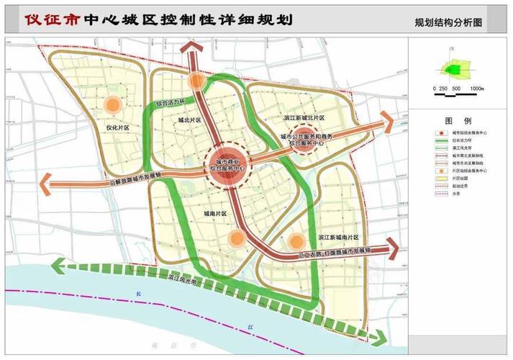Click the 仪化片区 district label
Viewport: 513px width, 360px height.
tap(117, 128)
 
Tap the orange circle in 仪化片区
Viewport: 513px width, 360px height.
tap(112, 105)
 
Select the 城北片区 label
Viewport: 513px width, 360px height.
tap(191, 122)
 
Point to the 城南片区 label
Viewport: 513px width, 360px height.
tap(214, 214)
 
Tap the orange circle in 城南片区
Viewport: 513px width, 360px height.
tap(235, 238)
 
